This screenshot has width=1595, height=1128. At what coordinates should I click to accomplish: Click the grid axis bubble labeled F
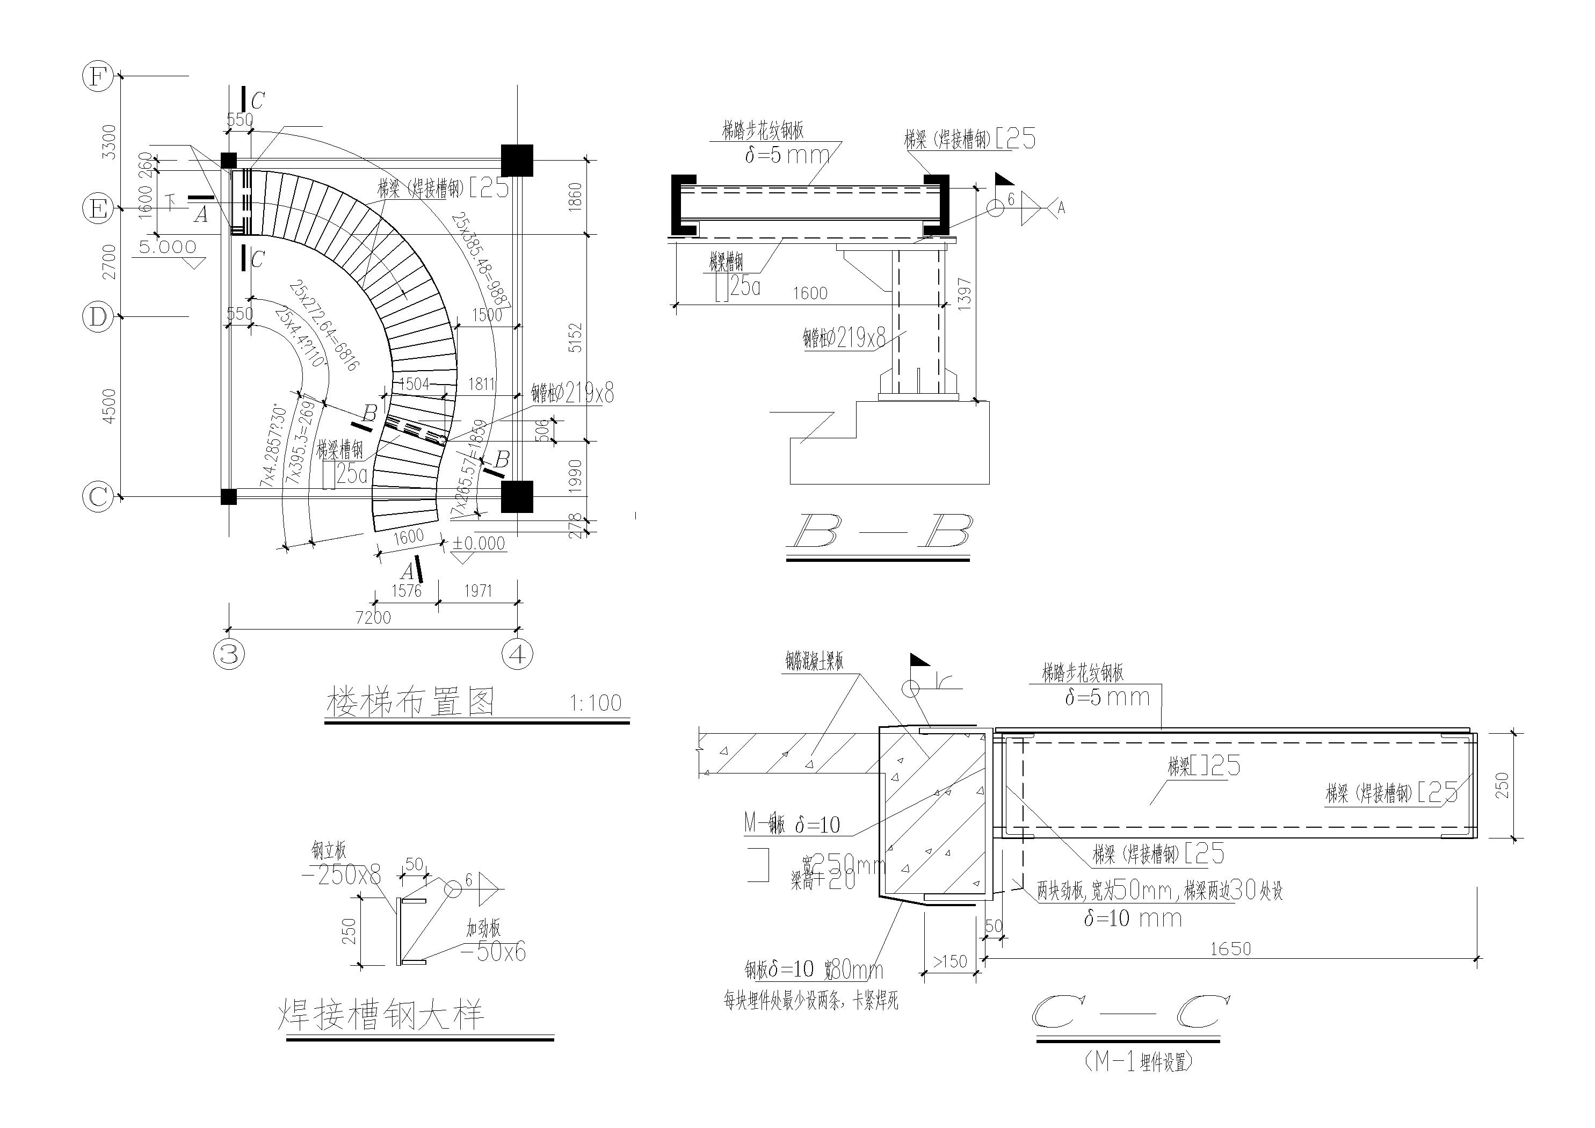click(x=98, y=76)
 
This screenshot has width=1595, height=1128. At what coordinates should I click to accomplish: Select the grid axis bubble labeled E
click(x=98, y=208)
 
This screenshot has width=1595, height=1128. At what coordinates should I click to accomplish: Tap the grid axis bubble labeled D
click(x=98, y=317)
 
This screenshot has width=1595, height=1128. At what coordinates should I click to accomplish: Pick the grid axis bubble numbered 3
click(x=229, y=654)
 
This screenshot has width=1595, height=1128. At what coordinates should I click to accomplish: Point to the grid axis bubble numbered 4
click(x=518, y=654)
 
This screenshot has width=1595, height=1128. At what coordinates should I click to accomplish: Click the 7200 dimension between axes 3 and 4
click(x=373, y=617)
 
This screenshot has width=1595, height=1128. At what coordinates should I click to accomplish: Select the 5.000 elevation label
click(x=168, y=247)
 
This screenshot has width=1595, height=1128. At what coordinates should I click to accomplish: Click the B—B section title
click(x=878, y=533)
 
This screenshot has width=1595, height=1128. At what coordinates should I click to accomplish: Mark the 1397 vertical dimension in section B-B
click(x=964, y=294)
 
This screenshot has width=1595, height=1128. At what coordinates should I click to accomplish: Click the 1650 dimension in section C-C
click(x=1230, y=949)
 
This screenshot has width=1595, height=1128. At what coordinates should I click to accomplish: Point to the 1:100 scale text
click(x=596, y=703)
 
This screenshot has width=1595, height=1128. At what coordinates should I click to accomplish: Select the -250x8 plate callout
click(x=342, y=875)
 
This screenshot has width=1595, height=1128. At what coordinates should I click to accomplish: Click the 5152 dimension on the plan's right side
click(x=576, y=337)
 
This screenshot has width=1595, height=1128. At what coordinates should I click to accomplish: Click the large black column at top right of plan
click(x=517, y=161)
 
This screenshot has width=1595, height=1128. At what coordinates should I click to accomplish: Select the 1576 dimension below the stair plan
click(x=407, y=591)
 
